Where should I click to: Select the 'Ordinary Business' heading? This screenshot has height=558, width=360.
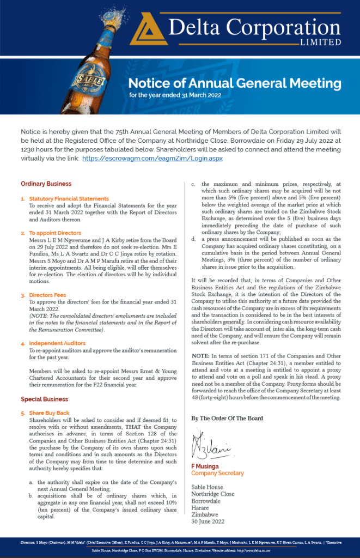[46, 184]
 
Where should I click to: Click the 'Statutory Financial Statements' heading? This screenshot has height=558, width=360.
[69, 199]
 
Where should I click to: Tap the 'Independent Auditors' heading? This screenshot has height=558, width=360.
[57, 343]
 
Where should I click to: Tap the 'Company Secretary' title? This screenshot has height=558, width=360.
[217, 474]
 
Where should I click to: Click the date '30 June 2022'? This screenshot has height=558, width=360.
[208, 521]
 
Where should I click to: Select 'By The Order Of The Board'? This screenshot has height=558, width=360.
[227, 418]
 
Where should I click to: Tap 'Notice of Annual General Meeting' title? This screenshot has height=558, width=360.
[235, 84]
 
